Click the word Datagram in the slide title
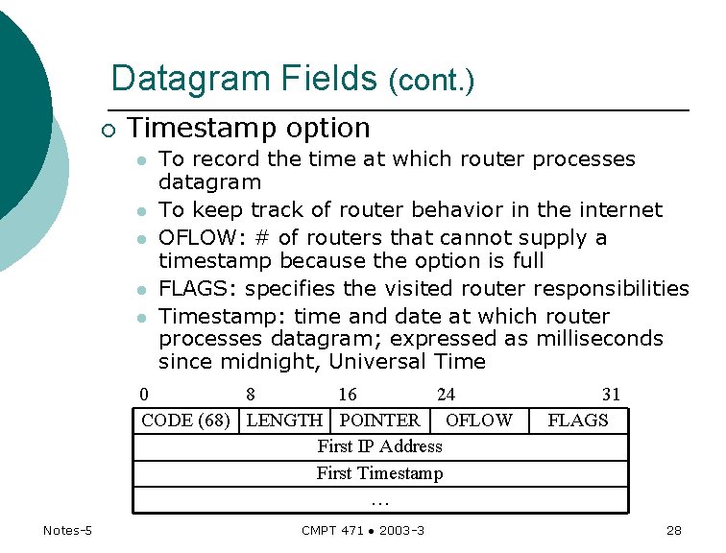[178, 78]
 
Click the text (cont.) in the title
[431, 81]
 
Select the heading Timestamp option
[249, 128]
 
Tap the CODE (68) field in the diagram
[185, 421]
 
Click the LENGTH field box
[284, 421]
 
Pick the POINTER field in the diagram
[380, 421]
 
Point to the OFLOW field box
[479, 421]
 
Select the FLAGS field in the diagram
[578, 421]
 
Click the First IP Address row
[380, 446]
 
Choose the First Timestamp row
[380, 473]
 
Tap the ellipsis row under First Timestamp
[380, 500]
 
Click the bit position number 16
[347, 395]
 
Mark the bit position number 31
[611, 395]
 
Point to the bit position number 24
[446, 395]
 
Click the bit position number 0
[144, 395]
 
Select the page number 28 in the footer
[673, 531]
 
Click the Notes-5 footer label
[67, 531]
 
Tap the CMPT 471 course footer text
[363, 531]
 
